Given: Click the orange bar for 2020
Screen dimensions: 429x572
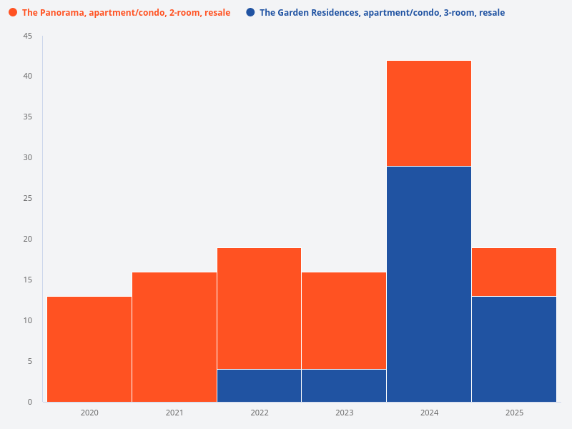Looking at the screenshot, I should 89,349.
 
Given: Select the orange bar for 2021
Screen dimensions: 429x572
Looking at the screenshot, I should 174,337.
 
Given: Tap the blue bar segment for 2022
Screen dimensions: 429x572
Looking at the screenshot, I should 259,385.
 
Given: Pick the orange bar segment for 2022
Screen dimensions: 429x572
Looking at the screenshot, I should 259,308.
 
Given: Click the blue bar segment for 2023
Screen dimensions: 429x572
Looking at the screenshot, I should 344,385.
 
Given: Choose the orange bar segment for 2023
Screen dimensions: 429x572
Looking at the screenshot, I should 344,320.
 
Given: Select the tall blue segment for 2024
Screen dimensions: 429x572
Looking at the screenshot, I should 429,284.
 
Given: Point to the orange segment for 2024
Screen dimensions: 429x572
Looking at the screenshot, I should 429,113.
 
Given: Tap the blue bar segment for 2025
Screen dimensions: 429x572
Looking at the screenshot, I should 514,349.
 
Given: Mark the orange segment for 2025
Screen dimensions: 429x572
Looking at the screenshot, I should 514,272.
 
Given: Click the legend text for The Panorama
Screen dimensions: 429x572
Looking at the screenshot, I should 126,13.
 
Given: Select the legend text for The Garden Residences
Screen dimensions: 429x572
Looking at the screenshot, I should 382,13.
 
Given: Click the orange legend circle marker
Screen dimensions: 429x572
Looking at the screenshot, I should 13,13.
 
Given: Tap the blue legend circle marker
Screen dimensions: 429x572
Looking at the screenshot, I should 250,13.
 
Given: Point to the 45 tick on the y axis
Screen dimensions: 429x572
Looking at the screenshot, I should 28,36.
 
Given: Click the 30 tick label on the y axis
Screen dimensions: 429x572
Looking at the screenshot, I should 28,158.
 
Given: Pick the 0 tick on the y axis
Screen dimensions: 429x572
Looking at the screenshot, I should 30,402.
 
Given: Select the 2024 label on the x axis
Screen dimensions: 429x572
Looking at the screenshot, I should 429,413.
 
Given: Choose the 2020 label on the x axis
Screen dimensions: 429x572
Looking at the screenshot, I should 89,413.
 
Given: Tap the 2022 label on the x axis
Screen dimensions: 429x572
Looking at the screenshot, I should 259,413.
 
